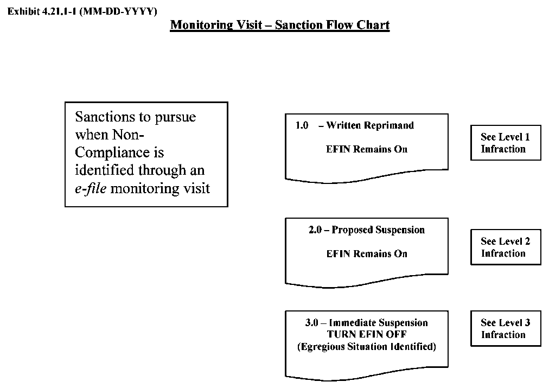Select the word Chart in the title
[x=373, y=25]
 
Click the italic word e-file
[x=90, y=188]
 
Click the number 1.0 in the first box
[x=302, y=125]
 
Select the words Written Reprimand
[x=370, y=125]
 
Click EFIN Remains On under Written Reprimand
[x=367, y=149]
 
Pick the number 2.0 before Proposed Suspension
[x=315, y=230]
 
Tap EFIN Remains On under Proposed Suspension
[x=367, y=254]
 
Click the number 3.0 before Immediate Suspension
[x=312, y=323]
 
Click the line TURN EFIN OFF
[x=367, y=334]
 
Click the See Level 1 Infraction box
[x=505, y=143]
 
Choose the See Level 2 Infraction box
[x=505, y=247]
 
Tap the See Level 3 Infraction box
[x=505, y=329]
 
